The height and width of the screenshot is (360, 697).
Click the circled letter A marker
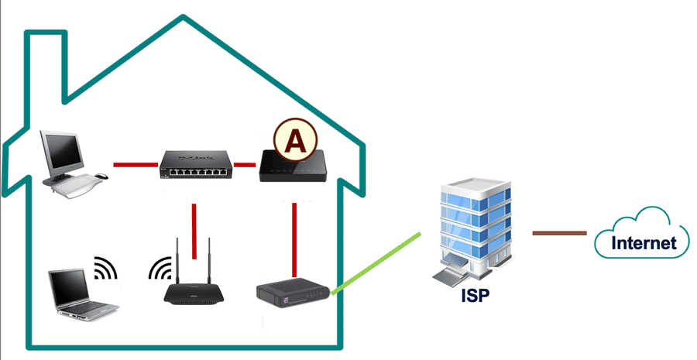pos(295,140)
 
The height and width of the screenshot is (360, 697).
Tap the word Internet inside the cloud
pos(644,242)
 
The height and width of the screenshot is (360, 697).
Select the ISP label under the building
pos(476,295)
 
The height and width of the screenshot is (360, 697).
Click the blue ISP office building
pos(472,232)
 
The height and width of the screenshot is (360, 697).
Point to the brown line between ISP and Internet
pos(560,233)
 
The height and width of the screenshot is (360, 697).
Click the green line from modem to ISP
pos(376,262)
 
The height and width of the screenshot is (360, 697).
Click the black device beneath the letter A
pos(293,166)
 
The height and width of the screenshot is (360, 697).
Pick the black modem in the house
pos(293,293)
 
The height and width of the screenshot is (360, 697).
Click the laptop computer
pos(82,294)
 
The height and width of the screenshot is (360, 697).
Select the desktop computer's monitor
pos(62,154)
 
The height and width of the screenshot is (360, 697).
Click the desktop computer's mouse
pos(101,176)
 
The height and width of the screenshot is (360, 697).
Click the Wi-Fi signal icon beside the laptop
pos(106,268)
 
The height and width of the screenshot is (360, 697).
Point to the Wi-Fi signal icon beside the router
pos(160,268)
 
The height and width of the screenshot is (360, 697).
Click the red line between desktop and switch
pos(136,165)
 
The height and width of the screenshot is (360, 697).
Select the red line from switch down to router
pos(194,231)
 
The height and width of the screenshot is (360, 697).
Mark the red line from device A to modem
pos(294,240)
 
